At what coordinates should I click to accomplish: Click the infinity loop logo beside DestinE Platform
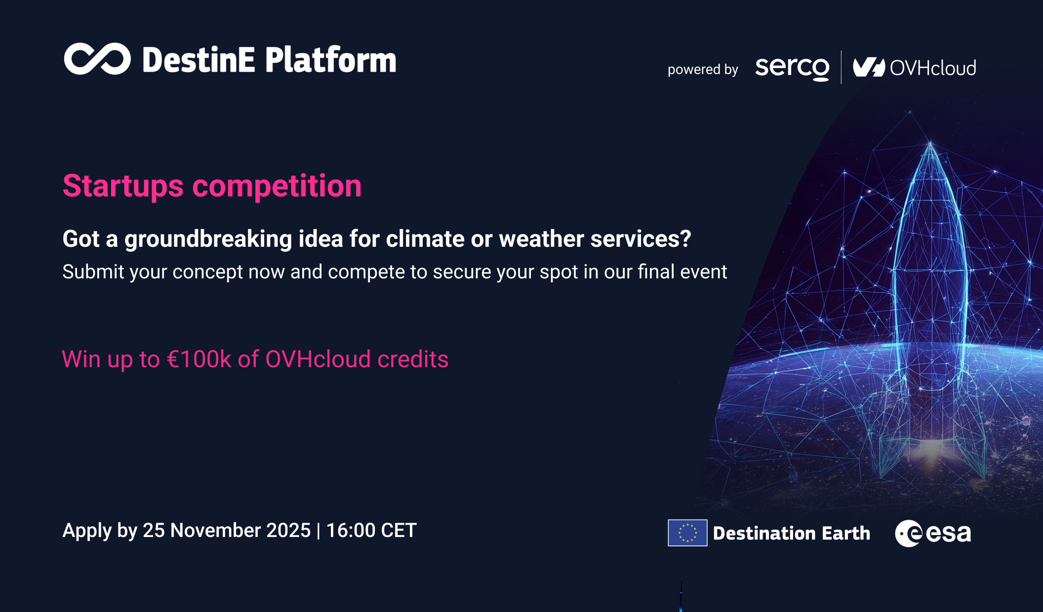97,59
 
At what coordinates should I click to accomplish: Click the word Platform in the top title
330,60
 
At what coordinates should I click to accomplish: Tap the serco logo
792,68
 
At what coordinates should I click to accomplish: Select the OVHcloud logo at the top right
915,68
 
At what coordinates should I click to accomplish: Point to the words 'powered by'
702,70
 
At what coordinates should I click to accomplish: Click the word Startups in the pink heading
123,187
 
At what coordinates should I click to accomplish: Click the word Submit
93,272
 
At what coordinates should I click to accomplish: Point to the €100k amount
199,359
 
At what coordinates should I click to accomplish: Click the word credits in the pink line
413,359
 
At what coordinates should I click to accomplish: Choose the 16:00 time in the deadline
351,531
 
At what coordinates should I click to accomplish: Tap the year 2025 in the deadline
288,531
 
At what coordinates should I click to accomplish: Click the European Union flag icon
687,533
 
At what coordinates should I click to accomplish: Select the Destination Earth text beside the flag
791,534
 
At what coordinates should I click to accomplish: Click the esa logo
933,534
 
